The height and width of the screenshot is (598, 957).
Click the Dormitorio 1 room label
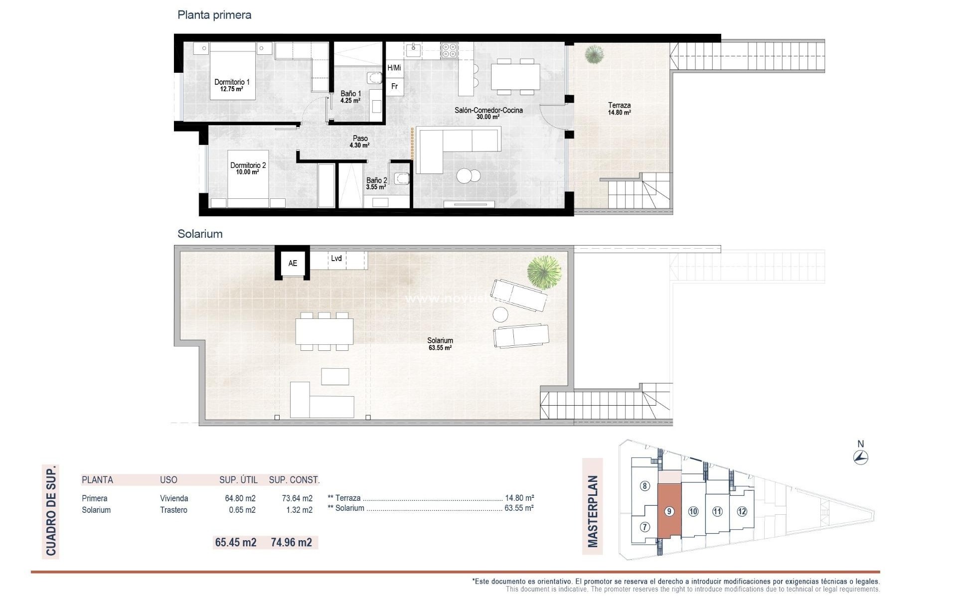coord(232,85)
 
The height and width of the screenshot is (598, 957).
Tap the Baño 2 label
coord(376,183)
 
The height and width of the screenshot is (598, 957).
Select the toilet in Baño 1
coord(374,78)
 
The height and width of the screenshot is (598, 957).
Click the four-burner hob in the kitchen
coord(449,51)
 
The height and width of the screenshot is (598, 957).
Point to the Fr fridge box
coord(394,86)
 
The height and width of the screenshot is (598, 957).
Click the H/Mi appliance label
coord(394,68)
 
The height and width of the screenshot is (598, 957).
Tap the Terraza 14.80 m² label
coord(619,109)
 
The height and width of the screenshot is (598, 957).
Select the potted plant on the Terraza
coord(593,54)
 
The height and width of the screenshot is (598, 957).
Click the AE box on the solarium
coord(293,263)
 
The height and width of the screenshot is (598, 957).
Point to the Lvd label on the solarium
coord(336,258)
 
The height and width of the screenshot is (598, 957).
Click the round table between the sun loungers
coord(500,314)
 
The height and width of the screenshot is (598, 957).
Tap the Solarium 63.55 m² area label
coord(440,344)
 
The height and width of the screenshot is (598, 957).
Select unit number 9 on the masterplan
coord(669,511)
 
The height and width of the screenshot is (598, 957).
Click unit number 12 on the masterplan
coord(742,511)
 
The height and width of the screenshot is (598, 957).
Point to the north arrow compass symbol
coord(861,456)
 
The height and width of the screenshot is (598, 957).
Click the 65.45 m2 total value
coord(236,542)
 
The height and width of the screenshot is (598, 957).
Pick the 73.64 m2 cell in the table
coord(297,498)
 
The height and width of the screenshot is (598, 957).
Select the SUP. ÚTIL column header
coord(238,480)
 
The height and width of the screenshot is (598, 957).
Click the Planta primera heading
coord(214,15)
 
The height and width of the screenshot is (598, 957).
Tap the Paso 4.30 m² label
coord(360,142)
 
